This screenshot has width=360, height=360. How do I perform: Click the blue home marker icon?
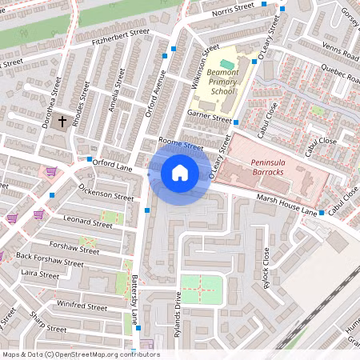tap(180, 172)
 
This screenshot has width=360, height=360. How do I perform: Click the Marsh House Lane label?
tap(286, 204)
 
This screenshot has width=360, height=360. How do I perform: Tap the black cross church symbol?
tap(62, 121)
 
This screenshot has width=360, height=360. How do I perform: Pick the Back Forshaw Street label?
tap(50, 258)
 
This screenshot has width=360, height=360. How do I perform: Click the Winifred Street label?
tap(82, 306)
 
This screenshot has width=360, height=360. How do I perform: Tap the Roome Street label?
tap(181, 144)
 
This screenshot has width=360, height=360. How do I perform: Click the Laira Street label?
tap(39, 274)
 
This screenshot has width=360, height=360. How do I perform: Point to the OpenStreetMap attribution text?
tap(80, 354)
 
